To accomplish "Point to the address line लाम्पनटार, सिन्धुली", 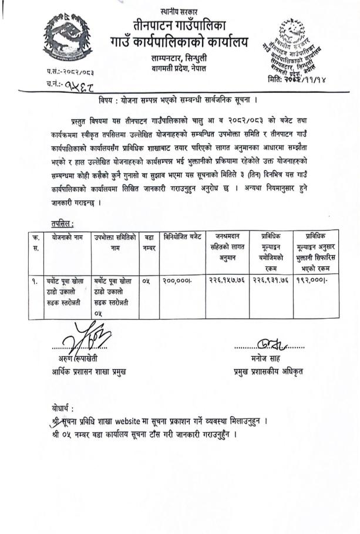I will coord(179,58).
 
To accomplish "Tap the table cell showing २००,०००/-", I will coord(177,281).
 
